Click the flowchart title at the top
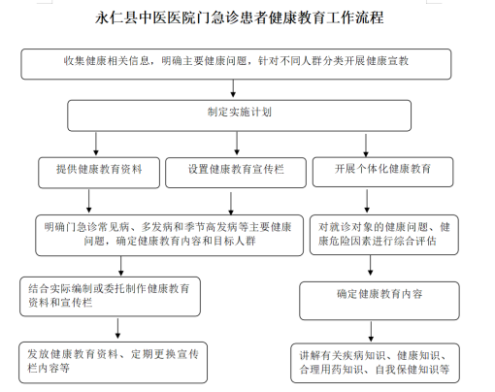coord(240,17)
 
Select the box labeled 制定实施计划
coord(240,115)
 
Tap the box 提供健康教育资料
coord(99,173)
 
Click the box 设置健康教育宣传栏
coord(236,173)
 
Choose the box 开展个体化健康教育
coord(382,172)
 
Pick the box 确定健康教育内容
coord(379,301)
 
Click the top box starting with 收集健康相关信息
coord(236,64)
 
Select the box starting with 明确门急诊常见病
coord(170,235)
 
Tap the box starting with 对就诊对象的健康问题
coord(384,235)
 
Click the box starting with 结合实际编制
coord(110,296)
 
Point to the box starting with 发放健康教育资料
coord(113,362)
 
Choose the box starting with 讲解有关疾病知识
coord(375,363)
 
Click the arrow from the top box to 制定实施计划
coord(233,88)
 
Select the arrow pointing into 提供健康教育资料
coord(96,144)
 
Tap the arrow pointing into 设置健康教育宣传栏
coord(237,143)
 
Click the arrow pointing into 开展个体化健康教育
coord(366,146)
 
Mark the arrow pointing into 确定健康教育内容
coord(371,265)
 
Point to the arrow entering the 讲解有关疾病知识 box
coord(371,332)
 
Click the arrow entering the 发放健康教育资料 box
coord(117,328)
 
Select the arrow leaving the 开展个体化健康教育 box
coord(367,201)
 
